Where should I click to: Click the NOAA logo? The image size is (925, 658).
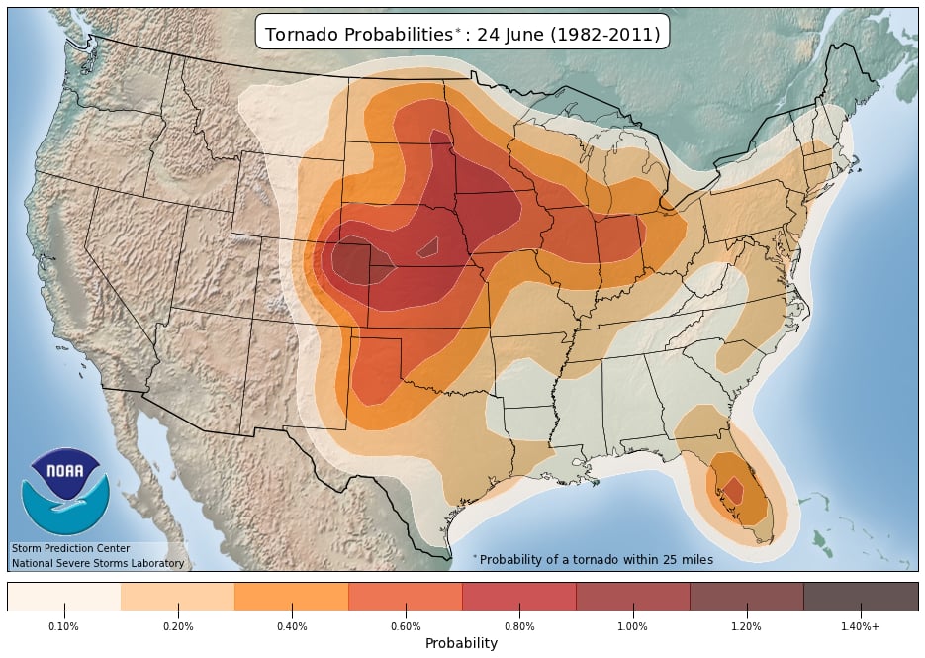point(64,491)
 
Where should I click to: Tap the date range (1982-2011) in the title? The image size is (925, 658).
point(605,34)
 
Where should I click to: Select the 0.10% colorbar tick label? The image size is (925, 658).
point(64,626)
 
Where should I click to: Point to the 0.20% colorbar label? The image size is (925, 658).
point(178,626)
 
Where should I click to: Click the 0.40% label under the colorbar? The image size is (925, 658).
point(292,626)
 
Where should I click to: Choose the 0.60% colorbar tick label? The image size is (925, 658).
point(406,626)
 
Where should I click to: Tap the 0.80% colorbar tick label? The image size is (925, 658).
point(519,626)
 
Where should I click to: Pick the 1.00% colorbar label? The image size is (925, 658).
point(633,626)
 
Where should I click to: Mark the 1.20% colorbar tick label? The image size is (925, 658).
point(747,626)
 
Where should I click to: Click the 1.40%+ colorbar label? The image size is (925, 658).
point(861,626)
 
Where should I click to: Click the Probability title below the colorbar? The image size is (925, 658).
point(461,643)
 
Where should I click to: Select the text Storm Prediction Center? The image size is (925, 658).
point(70,548)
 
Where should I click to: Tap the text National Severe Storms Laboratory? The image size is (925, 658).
point(98,563)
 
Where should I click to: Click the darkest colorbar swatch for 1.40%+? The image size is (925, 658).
point(861,597)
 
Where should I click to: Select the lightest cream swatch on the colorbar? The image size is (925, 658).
point(64,597)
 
